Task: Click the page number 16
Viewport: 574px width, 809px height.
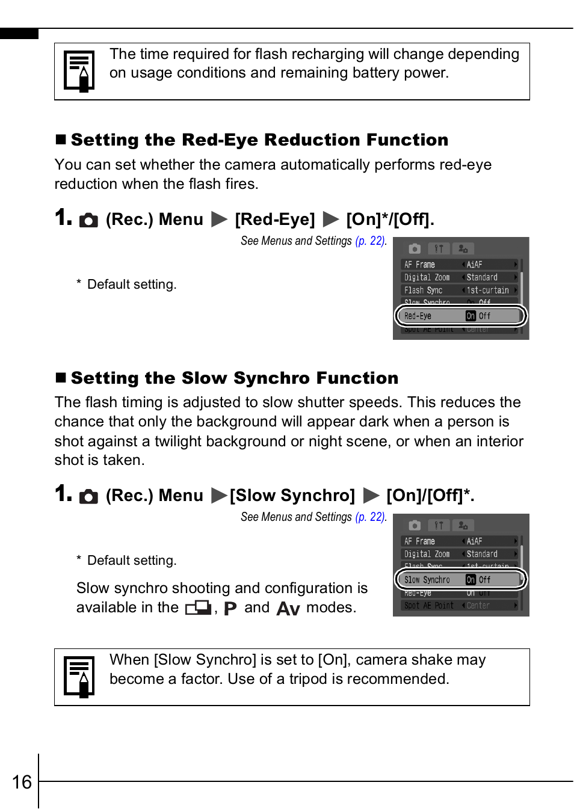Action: tap(22, 782)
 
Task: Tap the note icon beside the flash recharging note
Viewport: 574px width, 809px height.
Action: tap(79, 71)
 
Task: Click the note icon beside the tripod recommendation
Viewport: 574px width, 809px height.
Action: tap(79, 677)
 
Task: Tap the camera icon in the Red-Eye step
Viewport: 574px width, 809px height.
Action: tap(88, 221)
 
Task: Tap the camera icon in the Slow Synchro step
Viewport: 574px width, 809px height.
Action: tap(88, 497)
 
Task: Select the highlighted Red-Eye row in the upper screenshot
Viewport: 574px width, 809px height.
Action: tap(460, 316)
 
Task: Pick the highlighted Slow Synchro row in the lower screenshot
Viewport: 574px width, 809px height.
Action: tap(460, 580)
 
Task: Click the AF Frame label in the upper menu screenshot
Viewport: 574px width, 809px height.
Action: tap(419, 265)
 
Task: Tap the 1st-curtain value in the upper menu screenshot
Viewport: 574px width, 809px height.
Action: tap(487, 291)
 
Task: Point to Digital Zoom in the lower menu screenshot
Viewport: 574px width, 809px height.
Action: tap(427, 554)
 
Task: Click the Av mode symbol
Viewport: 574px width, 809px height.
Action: tap(288, 609)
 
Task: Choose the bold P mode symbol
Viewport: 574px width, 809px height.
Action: tap(230, 609)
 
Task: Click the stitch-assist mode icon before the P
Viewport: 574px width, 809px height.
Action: tap(198, 608)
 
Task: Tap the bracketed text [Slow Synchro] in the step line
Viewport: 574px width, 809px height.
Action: tap(292, 496)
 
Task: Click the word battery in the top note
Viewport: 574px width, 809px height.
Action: tap(378, 73)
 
